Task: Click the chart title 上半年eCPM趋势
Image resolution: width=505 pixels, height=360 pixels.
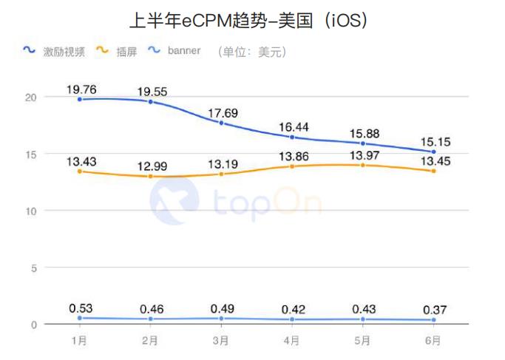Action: click(252, 19)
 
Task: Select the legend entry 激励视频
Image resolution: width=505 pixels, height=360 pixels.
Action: click(64, 52)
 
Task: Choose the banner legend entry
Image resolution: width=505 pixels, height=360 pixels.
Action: click(183, 52)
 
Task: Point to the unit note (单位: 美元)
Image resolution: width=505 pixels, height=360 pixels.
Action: click(251, 52)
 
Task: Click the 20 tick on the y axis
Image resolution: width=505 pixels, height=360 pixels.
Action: click(30, 97)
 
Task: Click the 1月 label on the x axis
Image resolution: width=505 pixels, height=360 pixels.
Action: click(79, 342)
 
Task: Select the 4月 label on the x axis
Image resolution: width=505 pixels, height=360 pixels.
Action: click(292, 342)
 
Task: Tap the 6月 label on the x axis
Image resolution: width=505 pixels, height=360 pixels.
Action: click(434, 342)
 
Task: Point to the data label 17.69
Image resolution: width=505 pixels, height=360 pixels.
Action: click(223, 113)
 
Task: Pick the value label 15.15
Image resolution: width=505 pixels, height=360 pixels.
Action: click(435, 142)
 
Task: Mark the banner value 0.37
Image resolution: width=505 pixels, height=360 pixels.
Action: click(435, 310)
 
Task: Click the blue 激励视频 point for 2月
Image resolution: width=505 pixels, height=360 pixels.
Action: click(151, 101)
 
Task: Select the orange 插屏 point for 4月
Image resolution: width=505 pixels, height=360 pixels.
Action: click(293, 166)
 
